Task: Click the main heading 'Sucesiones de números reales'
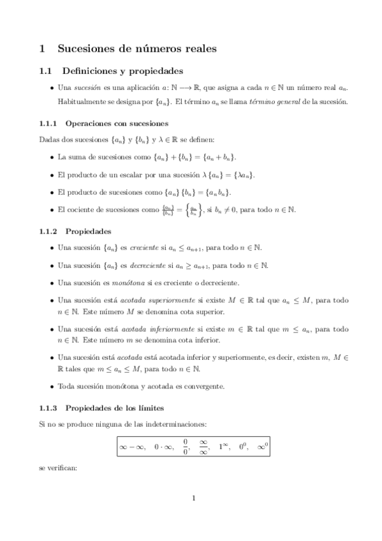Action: [136, 48]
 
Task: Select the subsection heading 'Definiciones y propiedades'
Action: [122, 70]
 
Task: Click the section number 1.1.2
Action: [48, 214]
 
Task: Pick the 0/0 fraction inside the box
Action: [186, 447]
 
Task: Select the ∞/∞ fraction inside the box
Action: [204, 447]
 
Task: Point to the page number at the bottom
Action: [192, 499]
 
